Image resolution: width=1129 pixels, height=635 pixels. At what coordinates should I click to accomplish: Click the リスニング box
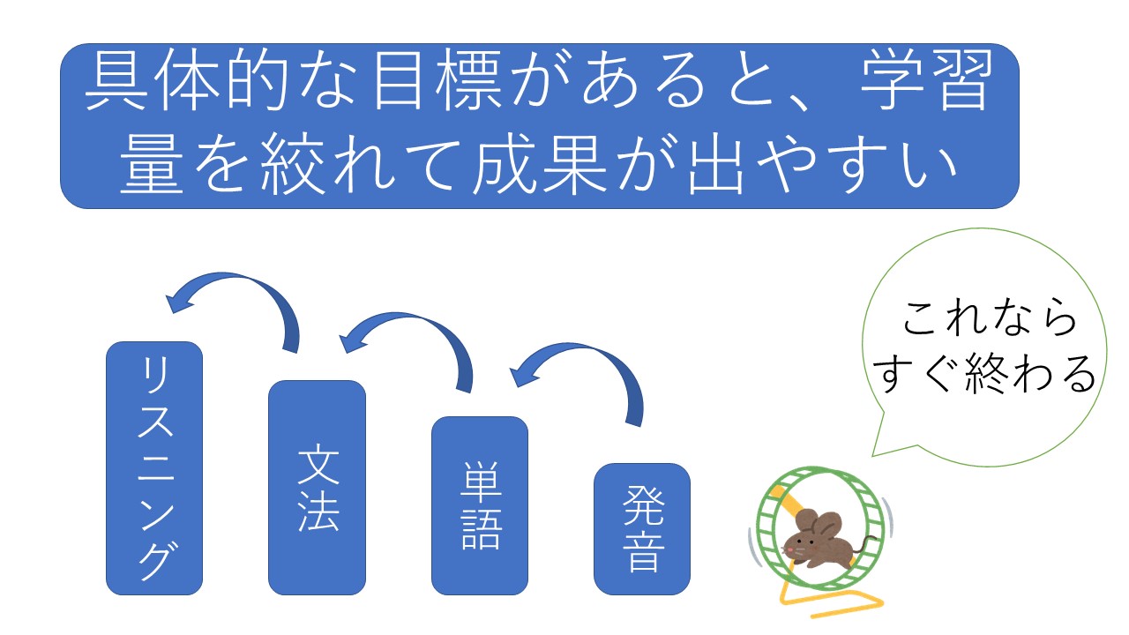tap(154, 467)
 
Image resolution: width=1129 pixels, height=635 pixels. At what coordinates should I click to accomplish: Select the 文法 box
tap(317, 488)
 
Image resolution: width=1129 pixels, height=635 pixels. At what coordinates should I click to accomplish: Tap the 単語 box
tap(480, 505)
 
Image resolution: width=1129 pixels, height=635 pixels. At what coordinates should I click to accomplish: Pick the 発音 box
tap(642, 529)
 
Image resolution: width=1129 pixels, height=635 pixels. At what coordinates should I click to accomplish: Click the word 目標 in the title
tap(437, 79)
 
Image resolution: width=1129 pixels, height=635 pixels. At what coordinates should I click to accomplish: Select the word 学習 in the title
tap(927, 79)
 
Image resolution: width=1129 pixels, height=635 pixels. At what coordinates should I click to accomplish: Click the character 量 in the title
tap(151, 164)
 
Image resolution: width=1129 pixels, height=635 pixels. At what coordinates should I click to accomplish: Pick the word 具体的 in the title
tap(186, 79)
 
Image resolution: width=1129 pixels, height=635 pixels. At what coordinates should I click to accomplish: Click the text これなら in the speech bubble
tap(989, 317)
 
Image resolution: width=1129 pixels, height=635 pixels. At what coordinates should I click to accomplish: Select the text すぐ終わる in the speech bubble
tap(984, 373)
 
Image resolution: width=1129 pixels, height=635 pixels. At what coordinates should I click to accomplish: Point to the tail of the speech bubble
tap(873, 455)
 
